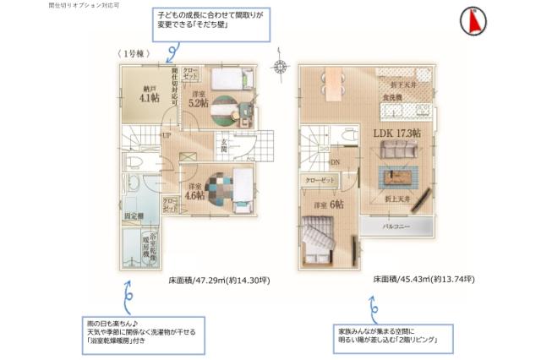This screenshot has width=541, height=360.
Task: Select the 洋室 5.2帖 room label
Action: tap(199, 99)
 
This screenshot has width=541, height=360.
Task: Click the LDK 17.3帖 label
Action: tap(395, 134)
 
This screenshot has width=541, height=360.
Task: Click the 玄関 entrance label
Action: tap(224, 146)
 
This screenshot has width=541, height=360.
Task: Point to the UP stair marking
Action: tap(167, 135)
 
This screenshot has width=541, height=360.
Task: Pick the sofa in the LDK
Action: tap(397, 151)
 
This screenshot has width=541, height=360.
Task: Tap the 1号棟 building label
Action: tap(130, 54)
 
